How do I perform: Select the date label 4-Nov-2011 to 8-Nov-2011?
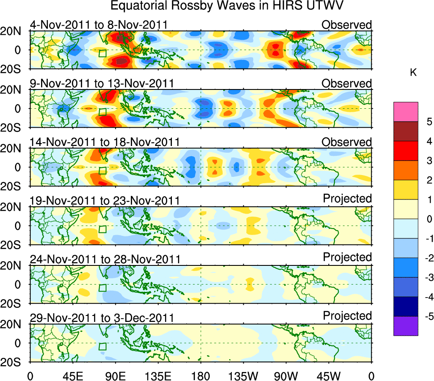coord(98,25)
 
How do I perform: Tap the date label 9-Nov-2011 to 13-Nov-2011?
coord(101,83)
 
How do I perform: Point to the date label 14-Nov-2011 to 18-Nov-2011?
coord(104,142)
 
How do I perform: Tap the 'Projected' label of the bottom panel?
coord(347,316)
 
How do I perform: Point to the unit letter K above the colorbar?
coord(413,73)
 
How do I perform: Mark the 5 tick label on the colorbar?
coord(429,122)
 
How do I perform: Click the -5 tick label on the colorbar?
coord(427,316)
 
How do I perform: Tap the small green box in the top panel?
coord(102,54)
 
